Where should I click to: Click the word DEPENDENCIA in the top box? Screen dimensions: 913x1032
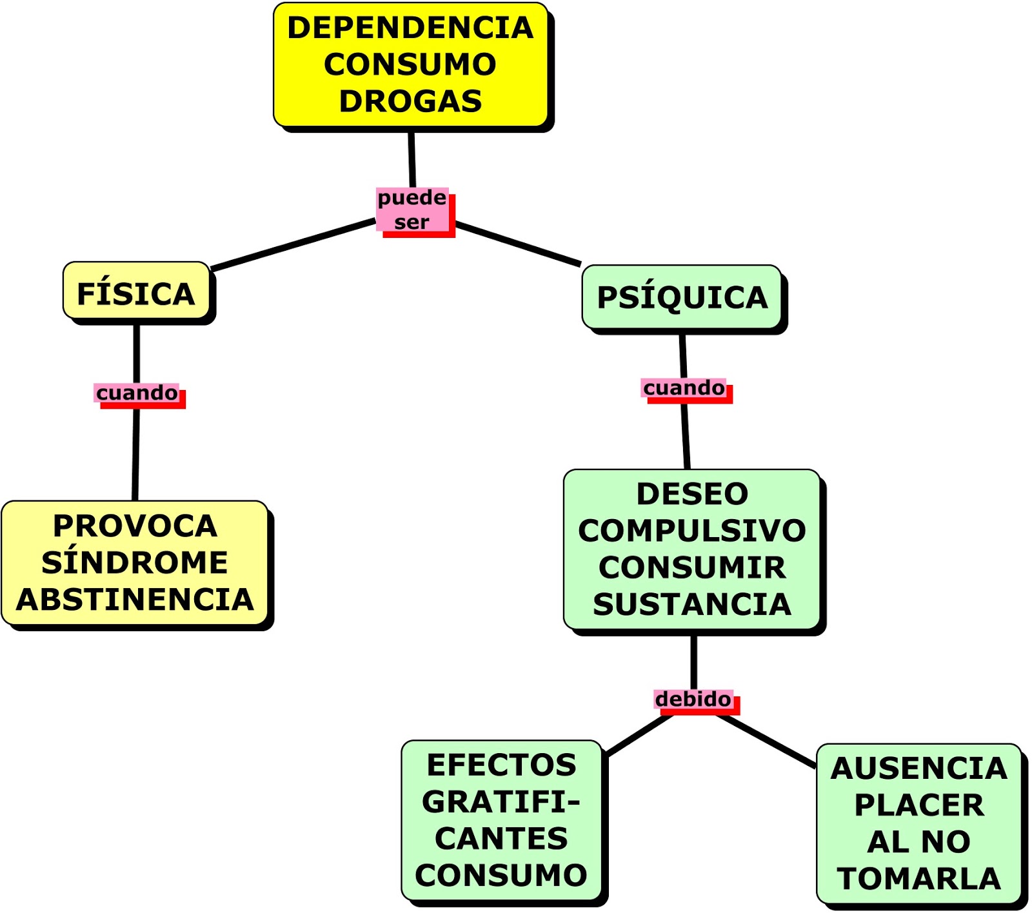click(x=410, y=28)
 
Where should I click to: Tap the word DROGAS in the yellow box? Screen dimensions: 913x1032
click(x=411, y=101)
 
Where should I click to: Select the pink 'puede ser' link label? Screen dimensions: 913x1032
click(x=412, y=210)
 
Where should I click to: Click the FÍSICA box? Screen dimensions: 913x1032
click(x=136, y=293)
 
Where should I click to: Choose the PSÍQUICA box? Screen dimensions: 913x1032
click(x=682, y=297)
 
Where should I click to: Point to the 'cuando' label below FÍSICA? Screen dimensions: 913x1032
click(x=137, y=393)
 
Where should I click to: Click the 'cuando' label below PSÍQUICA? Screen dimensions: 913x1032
click(x=684, y=388)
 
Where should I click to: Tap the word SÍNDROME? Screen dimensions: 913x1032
click(x=135, y=562)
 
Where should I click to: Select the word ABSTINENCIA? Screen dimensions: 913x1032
click(x=135, y=600)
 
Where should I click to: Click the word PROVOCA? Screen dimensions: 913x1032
click(x=135, y=525)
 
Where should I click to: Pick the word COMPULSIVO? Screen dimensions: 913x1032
click(x=692, y=531)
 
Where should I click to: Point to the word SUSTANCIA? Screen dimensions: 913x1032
click(x=692, y=604)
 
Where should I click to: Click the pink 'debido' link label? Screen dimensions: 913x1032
click(x=693, y=699)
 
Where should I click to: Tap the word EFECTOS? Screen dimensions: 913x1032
click(x=501, y=765)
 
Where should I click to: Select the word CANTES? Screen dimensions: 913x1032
click(x=501, y=839)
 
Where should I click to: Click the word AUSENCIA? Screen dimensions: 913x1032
click(x=918, y=769)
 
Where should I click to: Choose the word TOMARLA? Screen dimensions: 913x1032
click(x=918, y=879)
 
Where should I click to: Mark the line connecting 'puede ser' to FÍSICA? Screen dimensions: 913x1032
click(x=293, y=244)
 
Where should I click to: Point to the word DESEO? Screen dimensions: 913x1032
click(x=692, y=494)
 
